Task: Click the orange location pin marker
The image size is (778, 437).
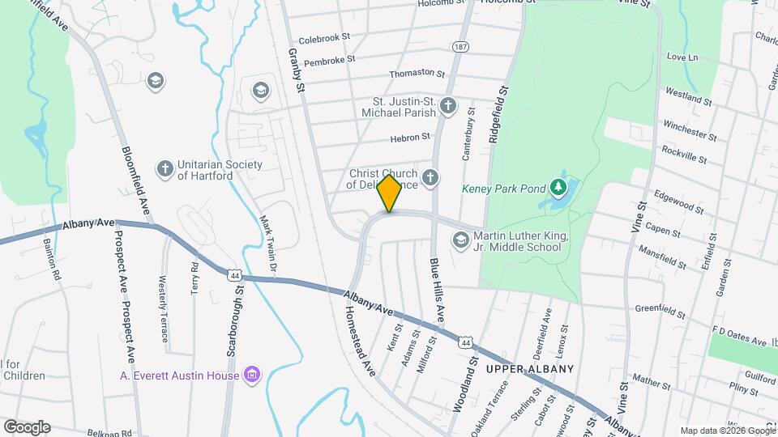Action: pyautogui.click(x=390, y=193)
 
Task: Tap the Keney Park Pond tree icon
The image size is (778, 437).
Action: pyautogui.click(x=558, y=188)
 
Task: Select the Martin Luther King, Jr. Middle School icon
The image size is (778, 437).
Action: pyautogui.click(x=460, y=240)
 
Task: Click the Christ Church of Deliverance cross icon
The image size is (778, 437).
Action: pyautogui.click(x=430, y=177)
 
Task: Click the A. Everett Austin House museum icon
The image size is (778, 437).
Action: pyautogui.click(x=253, y=374)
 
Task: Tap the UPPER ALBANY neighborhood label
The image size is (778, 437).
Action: pyautogui.click(x=530, y=369)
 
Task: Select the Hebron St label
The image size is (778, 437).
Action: pyautogui.click(x=409, y=138)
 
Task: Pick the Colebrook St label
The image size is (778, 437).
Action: pyautogui.click(x=323, y=38)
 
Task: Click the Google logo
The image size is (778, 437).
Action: pyautogui.click(x=26, y=426)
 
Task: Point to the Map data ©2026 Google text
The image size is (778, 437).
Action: pyautogui.click(x=727, y=431)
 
